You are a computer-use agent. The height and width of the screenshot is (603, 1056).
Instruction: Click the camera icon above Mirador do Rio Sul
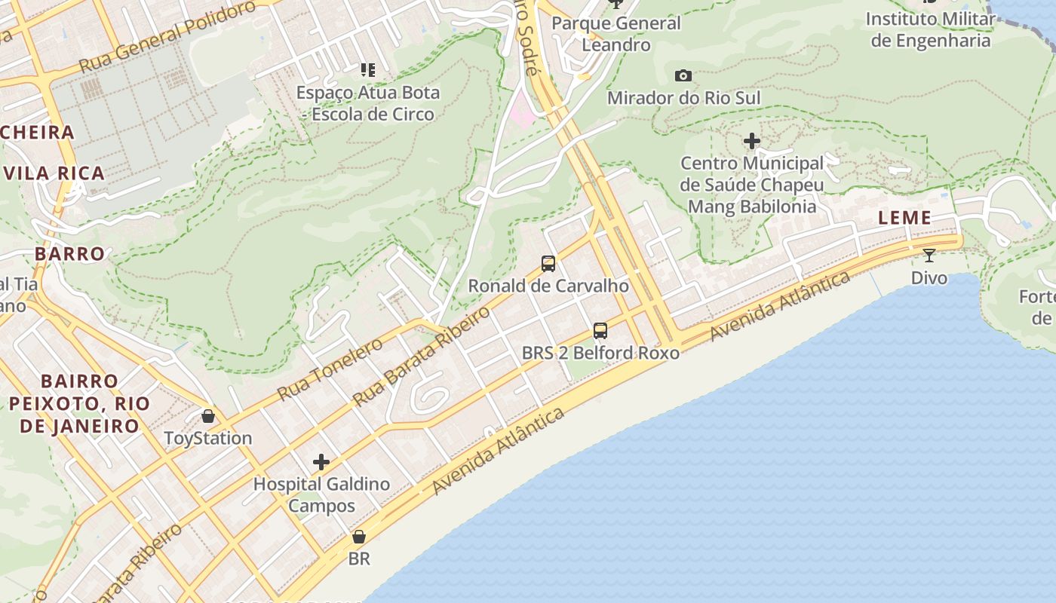click(683, 75)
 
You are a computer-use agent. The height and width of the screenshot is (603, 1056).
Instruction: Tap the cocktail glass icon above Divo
click(929, 256)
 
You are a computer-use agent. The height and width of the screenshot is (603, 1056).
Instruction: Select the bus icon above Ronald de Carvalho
click(548, 264)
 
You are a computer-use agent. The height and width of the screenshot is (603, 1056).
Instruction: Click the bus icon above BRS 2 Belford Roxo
click(600, 330)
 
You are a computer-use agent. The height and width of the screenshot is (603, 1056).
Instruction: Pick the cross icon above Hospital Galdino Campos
click(321, 461)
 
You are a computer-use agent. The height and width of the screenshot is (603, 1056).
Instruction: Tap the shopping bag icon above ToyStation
click(207, 416)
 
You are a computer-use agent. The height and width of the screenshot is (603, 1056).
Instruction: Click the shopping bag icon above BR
click(359, 537)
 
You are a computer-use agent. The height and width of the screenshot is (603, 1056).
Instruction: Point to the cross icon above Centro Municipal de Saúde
click(751, 141)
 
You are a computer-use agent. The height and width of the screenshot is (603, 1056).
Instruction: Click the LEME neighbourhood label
click(904, 218)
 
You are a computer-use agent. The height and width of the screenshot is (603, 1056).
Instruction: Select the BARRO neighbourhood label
click(69, 253)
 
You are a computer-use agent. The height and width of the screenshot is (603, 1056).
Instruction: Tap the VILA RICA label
click(54, 173)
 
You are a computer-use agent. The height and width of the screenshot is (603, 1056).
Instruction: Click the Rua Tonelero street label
click(330, 369)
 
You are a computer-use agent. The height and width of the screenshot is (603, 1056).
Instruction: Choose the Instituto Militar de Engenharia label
click(931, 29)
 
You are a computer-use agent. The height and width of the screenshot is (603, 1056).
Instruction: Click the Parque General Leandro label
click(616, 34)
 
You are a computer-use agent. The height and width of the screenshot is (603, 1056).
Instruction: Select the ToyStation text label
click(208, 438)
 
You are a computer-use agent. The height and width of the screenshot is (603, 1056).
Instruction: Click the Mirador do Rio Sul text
click(683, 98)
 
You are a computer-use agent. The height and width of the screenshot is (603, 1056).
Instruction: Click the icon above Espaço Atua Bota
click(368, 70)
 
